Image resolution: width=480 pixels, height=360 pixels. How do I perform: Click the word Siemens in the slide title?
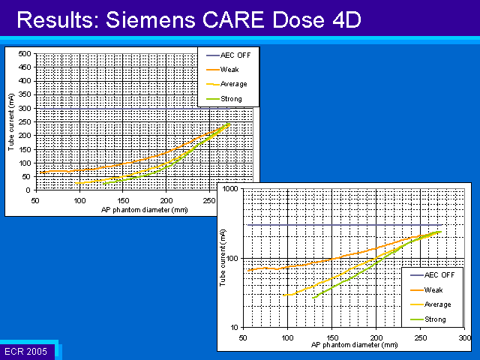[150, 20]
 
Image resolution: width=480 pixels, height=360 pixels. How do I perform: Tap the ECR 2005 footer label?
[26, 351]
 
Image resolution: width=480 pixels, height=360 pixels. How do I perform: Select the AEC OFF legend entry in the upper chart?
[228, 55]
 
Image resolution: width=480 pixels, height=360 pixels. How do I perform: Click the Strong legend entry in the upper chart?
[224, 99]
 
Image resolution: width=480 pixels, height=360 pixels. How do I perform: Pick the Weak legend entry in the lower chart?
[427, 289]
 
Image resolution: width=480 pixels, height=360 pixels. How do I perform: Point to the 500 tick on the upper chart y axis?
[25, 54]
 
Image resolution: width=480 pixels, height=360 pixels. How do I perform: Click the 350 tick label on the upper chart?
[25, 94]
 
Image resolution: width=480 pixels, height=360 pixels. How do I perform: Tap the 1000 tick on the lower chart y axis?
[230, 188]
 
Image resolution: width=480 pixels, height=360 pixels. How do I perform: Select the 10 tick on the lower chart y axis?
[234, 328]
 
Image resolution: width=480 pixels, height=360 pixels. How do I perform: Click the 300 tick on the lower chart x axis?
[465, 337]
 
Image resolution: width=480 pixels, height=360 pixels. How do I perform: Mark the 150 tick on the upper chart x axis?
[123, 201]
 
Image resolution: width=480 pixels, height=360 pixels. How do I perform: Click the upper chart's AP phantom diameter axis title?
[145, 210]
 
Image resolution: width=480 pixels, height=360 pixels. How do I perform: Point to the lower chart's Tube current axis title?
[223, 258]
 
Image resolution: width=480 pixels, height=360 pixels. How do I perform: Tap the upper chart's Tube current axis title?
[11, 122]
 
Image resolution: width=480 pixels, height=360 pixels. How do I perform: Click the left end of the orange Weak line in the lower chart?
[247, 270]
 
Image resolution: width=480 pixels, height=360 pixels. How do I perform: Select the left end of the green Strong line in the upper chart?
[103, 184]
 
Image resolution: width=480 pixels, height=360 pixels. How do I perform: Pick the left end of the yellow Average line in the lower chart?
[283, 295]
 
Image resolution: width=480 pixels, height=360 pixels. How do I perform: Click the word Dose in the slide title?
[298, 20]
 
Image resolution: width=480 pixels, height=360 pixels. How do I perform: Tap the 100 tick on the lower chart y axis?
[232, 258]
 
